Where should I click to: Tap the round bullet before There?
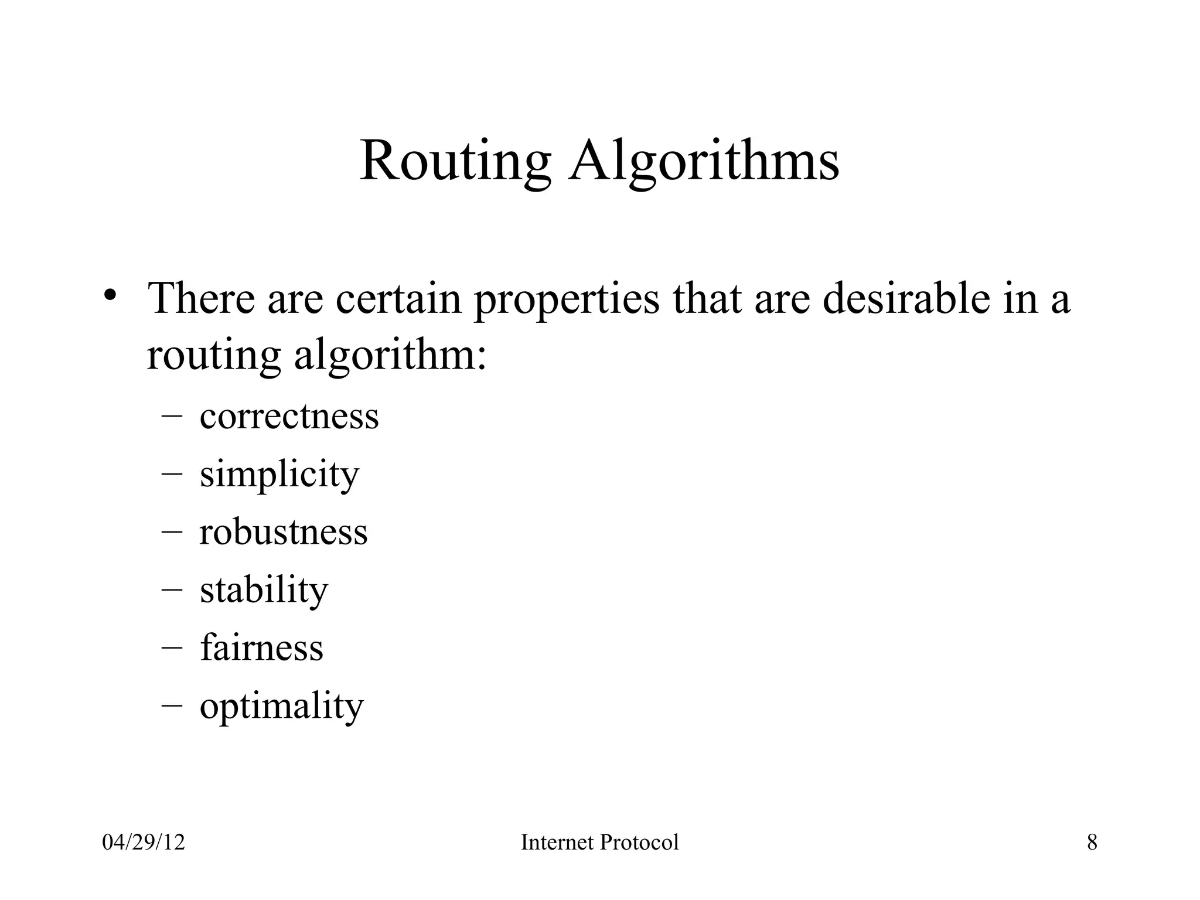110,295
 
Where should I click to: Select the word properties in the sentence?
566,299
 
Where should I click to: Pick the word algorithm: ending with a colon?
390,356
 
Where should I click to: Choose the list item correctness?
289,417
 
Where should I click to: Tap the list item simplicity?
279,474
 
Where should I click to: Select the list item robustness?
283,532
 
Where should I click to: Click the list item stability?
264,589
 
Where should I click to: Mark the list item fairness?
261,647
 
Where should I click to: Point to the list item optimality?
281,705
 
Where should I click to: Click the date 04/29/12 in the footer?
144,843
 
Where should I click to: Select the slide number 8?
1092,843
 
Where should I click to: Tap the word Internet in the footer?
557,843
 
